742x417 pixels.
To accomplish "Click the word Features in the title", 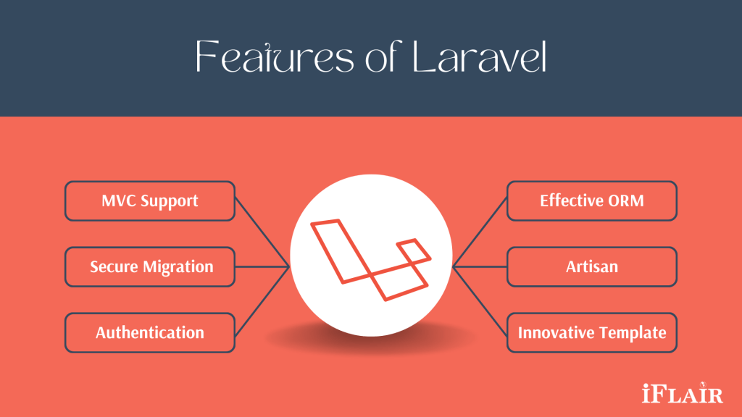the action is click(x=275, y=56).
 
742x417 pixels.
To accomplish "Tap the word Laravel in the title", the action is click(x=480, y=56).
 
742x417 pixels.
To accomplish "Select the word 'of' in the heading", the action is click(x=384, y=56).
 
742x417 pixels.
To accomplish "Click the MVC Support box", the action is click(x=150, y=201).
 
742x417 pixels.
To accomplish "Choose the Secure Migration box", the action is click(x=150, y=266).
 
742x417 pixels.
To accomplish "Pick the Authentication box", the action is click(x=150, y=332).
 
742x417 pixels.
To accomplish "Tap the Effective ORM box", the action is click(x=592, y=201).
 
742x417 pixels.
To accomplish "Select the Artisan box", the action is click(x=592, y=266).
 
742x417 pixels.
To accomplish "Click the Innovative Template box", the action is click(x=592, y=332).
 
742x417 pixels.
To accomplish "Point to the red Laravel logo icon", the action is click(x=370, y=259).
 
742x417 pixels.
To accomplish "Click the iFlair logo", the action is click(x=683, y=393).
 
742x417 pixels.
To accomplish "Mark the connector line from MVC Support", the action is click(x=262, y=232).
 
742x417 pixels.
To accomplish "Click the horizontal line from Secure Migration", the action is click(x=262, y=266).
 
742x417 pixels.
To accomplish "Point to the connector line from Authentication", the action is click(x=262, y=301).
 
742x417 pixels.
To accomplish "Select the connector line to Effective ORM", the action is click(x=480, y=232).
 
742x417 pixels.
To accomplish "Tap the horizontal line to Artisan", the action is click(x=480, y=266).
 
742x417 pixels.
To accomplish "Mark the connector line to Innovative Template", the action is click(x=480, y=301).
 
